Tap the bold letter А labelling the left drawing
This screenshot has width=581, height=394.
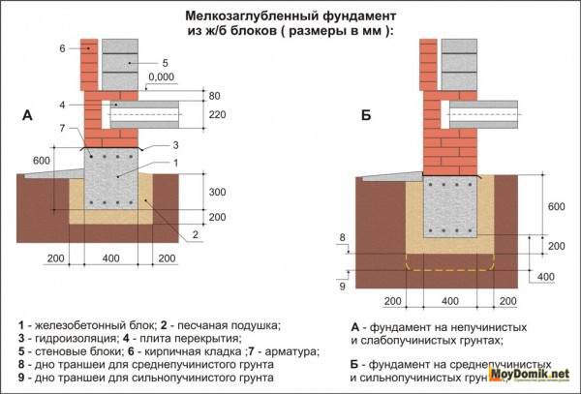click(27, 116)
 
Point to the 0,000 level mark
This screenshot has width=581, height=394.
click(163, 76)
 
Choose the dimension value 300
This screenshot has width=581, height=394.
click(217, 193)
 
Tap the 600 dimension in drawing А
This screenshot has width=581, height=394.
click(40, 160)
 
